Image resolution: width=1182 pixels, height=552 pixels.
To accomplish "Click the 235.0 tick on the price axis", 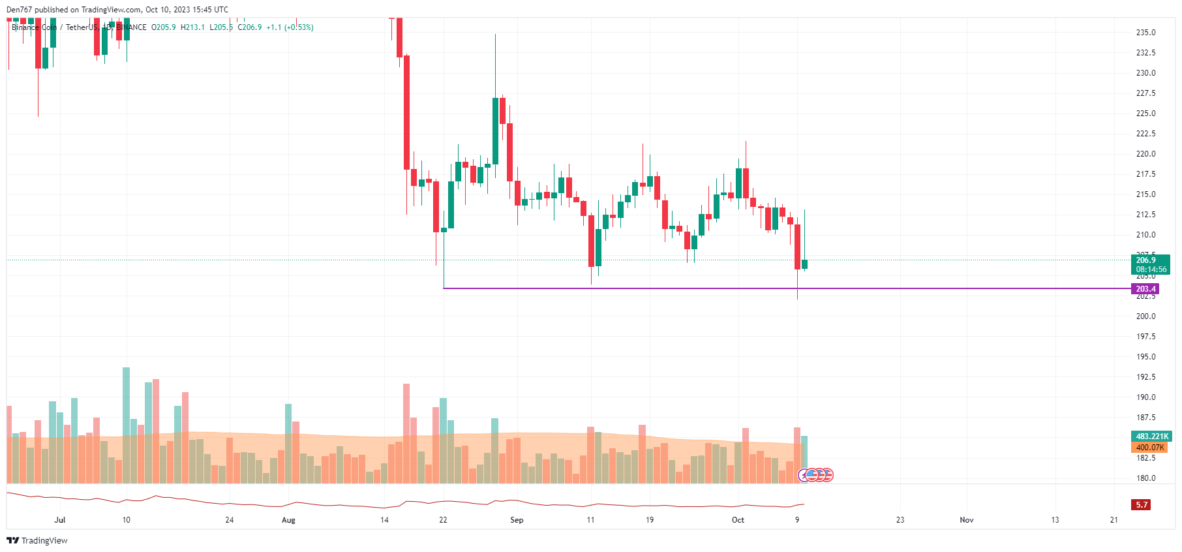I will pyautogui.click(x=1145, y=33).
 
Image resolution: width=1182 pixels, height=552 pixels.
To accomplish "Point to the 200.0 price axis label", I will pyautogui.click(x=1145, y=316).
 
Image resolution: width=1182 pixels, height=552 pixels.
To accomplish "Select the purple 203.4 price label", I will pyautogui.click(x=1145, y=289).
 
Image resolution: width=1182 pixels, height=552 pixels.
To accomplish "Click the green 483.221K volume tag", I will pyautogui.click(x=1151, y=437).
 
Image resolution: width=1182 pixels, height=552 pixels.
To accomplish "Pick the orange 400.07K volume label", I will pyautogui.click(x=1149, y=448).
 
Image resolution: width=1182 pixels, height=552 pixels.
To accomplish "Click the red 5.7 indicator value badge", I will pyautogui.click(x=1141, y=505).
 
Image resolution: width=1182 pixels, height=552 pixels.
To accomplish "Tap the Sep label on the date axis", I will pyautogui.click(x=517, y=520).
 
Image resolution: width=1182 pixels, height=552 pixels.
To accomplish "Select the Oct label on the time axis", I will pyautogui.click(x=738, y=520).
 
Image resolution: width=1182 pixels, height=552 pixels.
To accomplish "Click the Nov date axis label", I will pyautogui.click(x=966, y=520).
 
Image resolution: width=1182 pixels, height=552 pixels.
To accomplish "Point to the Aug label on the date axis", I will pyautogui.click(x=288, y=520).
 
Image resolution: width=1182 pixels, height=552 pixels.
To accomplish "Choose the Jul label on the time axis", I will pyautogui.click(x=60, y=520).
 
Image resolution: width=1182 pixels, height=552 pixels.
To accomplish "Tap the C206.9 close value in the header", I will pyautogui.click(x=250, y=27).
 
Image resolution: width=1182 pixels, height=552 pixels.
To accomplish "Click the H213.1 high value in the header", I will pyautogui.click(x=192, y=27).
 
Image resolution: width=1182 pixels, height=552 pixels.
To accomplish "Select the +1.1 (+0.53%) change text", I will pyautogui.click(x=290, y=27).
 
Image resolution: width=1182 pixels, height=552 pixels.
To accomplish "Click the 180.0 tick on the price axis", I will pyautogui.click(x=1145, y=478).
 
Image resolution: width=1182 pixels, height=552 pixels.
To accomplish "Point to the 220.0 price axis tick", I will pyautogui.click(x=1145, y=154).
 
